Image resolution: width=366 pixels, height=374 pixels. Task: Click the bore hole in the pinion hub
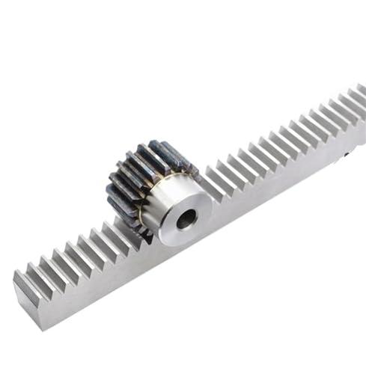[x=186, y=218]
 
